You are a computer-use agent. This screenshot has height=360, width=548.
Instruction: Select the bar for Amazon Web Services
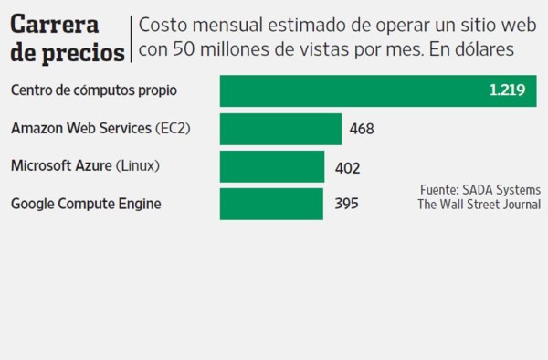tap(280, 129)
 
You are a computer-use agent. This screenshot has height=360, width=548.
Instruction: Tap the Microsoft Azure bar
tap(272, 167)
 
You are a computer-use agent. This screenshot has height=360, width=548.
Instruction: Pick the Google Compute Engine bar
tap(271, 204)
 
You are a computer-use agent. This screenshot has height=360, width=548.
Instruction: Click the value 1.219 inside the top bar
tap(507, 90)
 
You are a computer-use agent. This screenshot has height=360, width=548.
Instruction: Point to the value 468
tap(362, 130)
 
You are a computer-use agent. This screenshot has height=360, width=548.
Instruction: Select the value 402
tap(348, 168)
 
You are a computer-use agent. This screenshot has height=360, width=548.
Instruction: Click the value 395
tap(346, 204)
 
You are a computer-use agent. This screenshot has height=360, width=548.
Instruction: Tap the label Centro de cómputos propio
tap(93, 90)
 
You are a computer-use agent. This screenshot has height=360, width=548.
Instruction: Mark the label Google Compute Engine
tap(86, 204)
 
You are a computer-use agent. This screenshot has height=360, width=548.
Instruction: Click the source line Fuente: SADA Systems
tap(479, 189)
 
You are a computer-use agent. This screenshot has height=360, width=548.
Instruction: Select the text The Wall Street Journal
tap(479, 205)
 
